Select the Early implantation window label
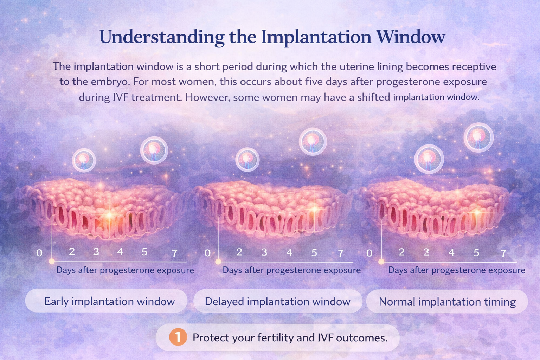point(109,302)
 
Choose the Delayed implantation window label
point(277,302)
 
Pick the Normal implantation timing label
point(447,302)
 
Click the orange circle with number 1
point(178,337)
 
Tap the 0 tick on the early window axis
point(39,253)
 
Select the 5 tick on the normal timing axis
point(476,253)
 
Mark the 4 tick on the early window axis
point(120,252)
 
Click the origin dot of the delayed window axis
point(218,262)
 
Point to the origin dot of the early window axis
point(52,261)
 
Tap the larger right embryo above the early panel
point(154,150)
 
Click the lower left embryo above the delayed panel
point(247,160)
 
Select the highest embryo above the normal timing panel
point(478,137)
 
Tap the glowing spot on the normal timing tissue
point(477,212)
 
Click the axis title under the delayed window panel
point(291,270)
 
